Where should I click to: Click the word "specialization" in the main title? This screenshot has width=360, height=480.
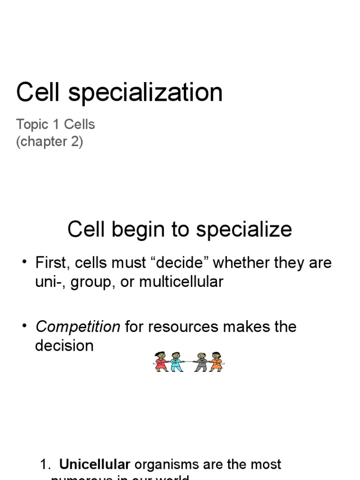click(146, 93)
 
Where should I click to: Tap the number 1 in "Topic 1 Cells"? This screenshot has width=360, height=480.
click(56, 125)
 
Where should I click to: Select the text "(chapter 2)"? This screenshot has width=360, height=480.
click(50, 142)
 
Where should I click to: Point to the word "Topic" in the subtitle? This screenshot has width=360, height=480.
click(32, 125)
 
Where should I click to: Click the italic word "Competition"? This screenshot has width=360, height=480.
click(78, 327)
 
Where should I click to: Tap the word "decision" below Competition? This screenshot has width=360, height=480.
click(64, 346)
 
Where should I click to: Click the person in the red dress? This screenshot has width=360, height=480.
click(161, 362)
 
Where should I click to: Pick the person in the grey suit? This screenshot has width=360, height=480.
click(202, 362)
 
